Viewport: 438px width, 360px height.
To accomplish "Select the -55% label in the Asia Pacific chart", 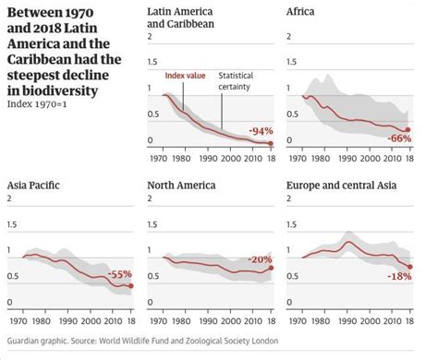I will pos(119,275).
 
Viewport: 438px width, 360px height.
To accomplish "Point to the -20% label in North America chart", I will pos(260,259).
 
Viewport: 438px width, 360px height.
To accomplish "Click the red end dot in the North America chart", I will pos(270,268).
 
